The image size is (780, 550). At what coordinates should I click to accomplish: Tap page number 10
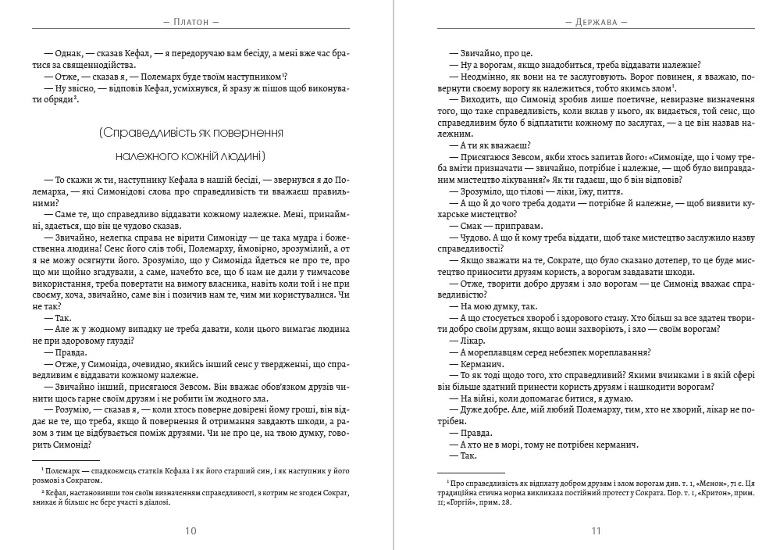pos(191,531)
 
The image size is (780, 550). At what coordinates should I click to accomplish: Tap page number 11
pos(596,531)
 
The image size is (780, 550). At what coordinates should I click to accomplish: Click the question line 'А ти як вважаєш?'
pos(485,145)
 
